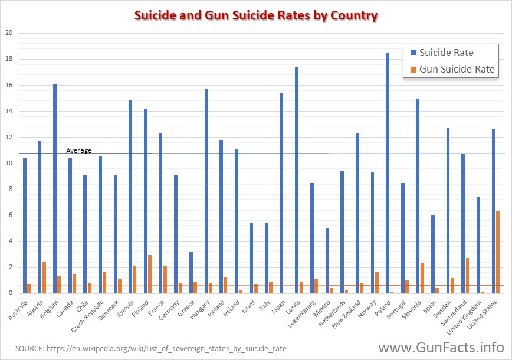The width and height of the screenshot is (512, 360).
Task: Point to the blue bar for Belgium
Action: tap(55, 188)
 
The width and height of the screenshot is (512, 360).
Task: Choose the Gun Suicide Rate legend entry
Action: tap(451, 70)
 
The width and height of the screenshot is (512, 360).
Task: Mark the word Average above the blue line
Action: tap(78, 150)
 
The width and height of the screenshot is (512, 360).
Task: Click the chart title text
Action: tap(255, 15)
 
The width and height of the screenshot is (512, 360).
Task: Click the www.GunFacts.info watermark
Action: tap(441, 346)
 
